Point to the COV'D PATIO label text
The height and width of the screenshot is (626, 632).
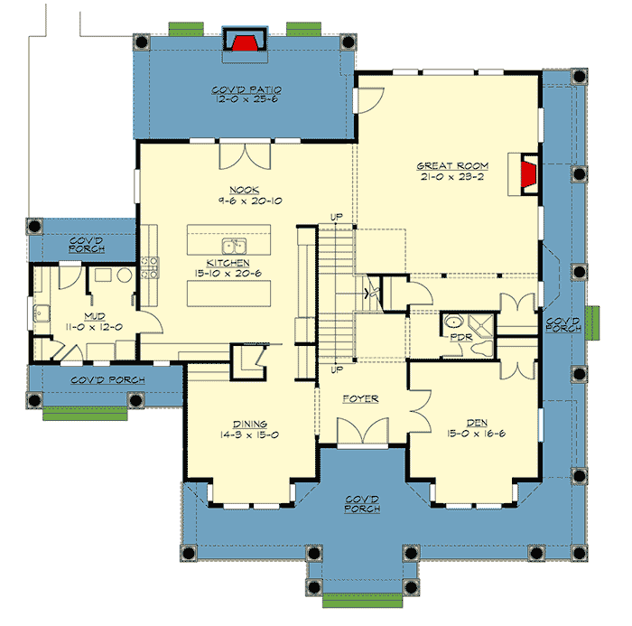247,89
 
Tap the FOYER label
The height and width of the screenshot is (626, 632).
359,398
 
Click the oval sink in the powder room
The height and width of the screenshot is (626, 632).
452,322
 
